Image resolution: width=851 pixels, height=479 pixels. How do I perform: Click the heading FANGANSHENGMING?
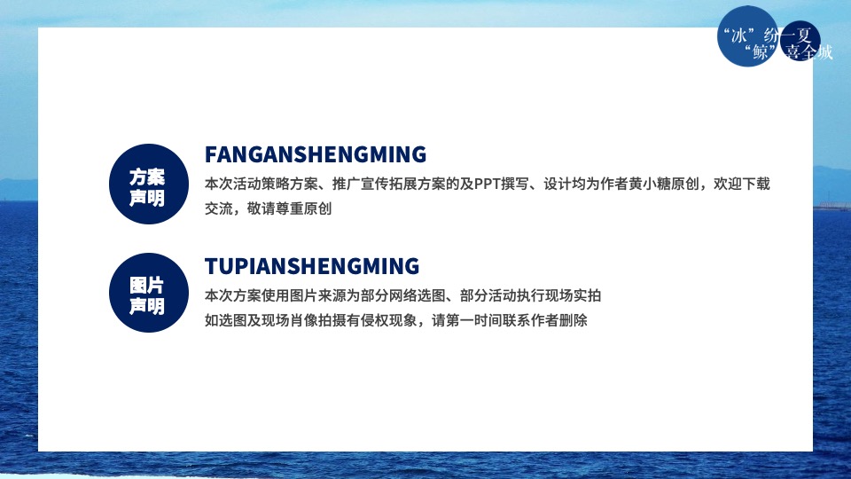tap(315, 154)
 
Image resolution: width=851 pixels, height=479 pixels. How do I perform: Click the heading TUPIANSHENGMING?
tap(311, 266)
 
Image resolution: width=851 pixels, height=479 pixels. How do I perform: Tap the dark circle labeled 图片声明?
tap(147, 295)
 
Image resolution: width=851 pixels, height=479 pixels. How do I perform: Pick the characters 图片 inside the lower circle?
tap(147, 285)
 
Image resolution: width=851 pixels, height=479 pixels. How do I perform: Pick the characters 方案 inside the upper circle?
tap(147, 177)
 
